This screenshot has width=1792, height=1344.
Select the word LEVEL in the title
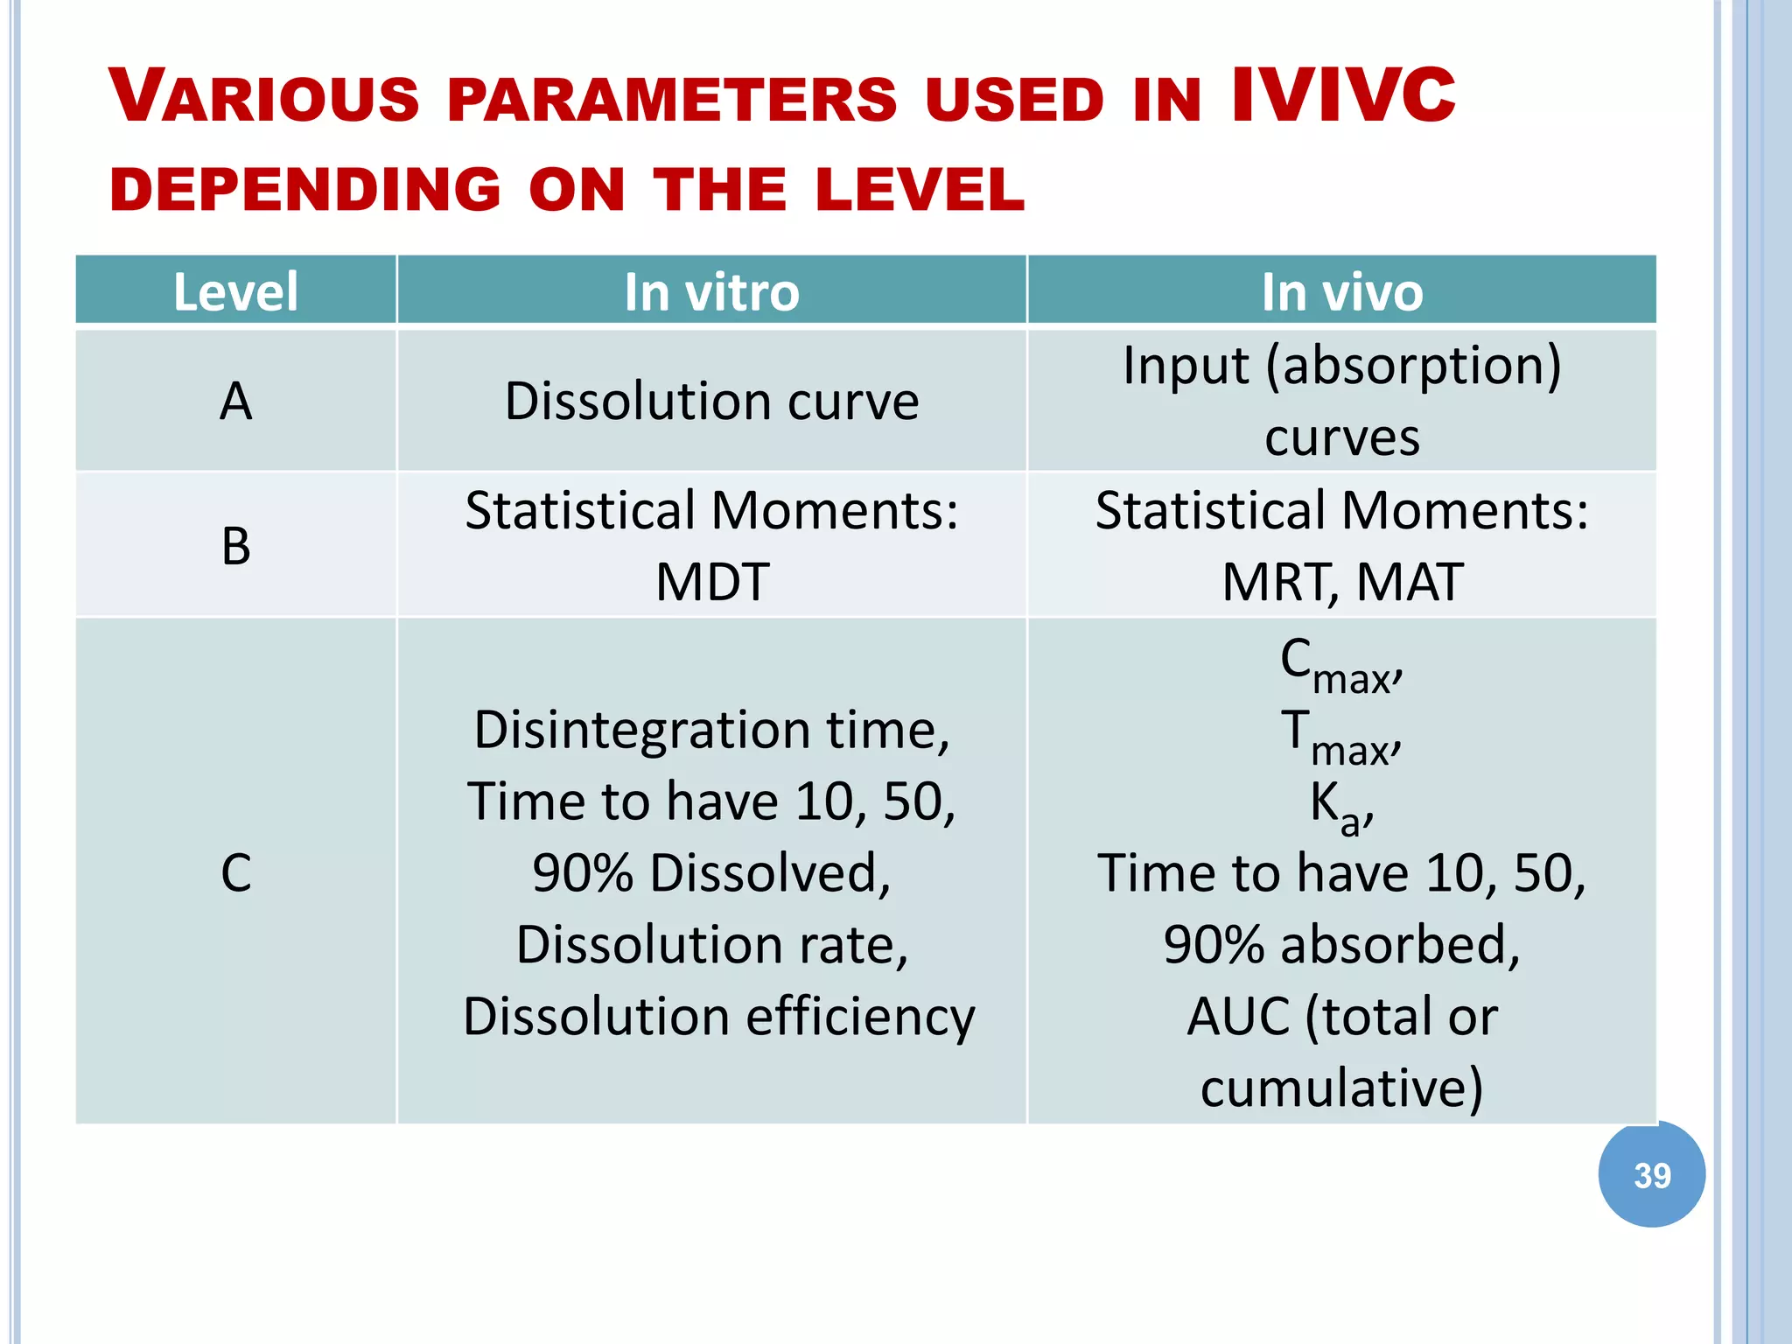[919, 190]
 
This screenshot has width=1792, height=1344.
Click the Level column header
[235, 291]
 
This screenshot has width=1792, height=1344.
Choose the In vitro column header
[711, 291]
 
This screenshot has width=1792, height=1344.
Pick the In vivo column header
[1341, 291]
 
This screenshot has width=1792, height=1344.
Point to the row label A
[235, 402]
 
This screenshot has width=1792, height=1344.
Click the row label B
[235, 546]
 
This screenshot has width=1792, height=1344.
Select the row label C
[235, 872]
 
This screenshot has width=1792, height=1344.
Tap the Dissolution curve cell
[711, 402]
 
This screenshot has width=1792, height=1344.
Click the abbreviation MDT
[711, 582]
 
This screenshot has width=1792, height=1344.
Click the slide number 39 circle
[1651, 1174]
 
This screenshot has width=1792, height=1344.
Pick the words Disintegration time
[711, 730]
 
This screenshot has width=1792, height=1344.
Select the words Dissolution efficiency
[718, 1017]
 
